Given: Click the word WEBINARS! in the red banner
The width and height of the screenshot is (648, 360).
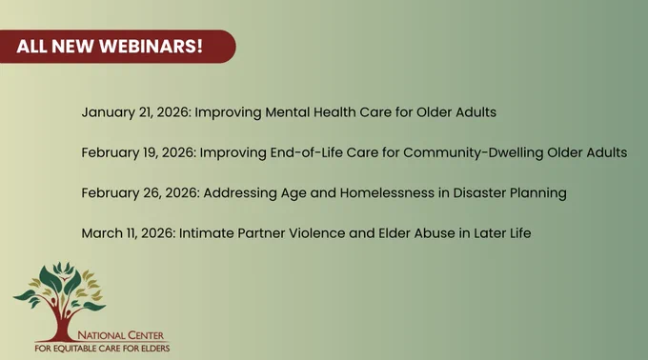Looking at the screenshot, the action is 151,47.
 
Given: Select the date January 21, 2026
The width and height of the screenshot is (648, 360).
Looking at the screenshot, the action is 136,112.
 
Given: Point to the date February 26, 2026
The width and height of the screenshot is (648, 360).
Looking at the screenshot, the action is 140,193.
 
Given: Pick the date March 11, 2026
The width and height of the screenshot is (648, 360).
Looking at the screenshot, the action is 129,233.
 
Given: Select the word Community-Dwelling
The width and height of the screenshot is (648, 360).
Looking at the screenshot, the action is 474,152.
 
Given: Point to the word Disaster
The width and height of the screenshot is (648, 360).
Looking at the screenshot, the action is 479,193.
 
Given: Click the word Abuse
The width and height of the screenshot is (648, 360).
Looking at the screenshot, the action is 435,233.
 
